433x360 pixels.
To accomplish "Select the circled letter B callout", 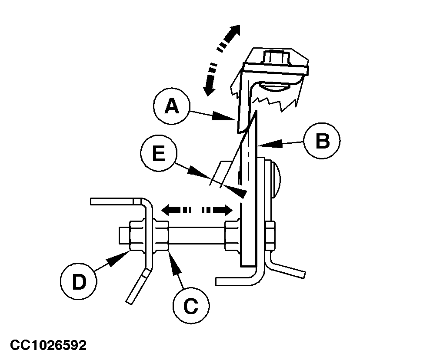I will pos(322,142).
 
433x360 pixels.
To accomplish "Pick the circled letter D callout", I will pos(79,282).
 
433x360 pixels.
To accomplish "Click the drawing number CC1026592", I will pos(49,346).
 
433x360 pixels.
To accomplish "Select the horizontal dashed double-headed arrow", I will pos(197,211).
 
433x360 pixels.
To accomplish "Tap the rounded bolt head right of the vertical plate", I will pos(276,178).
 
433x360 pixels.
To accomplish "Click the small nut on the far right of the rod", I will pos(270,237).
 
